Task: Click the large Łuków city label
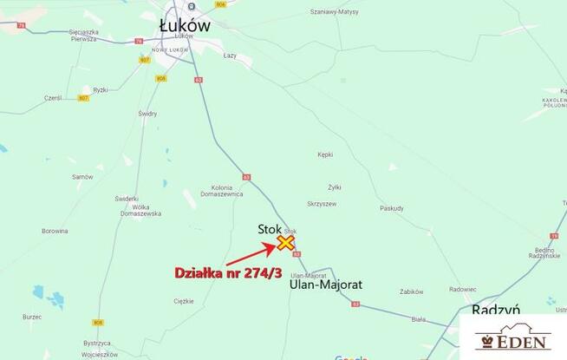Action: click(186, 26)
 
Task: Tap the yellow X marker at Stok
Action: click(285, 243)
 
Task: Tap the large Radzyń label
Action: click(495, 310)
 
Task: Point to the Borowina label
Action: click(55, 231)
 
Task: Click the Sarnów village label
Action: click(82, 176)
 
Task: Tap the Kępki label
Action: click(325, 154)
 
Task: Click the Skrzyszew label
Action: click(321, 203)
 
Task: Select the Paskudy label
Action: click(392, 208)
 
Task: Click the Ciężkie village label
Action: click(184, 301)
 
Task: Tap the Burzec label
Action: click(33, 317)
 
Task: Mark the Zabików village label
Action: click(411, 291)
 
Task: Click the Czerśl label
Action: click(53, 98)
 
